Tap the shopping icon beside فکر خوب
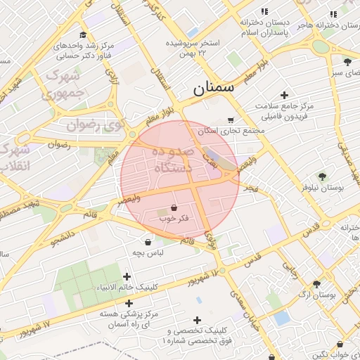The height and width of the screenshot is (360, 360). (x=174, y=208)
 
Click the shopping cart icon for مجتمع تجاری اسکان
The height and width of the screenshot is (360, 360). (x=231, y=120)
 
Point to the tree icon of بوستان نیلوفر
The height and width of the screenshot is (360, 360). (x=322, y=176)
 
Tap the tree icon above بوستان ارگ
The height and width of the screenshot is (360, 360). (x=316, y=283)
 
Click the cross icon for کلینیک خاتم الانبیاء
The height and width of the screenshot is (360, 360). (x=127, y=276)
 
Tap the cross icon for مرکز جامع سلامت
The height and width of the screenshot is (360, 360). (x=284, y=95)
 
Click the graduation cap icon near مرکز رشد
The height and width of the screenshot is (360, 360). (x=83, y=34)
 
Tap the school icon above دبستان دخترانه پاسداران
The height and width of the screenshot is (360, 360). (x=264, y=12)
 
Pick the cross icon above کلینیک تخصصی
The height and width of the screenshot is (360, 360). (x=197, y=320)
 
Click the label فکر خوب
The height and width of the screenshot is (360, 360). (x=174, y=219)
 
